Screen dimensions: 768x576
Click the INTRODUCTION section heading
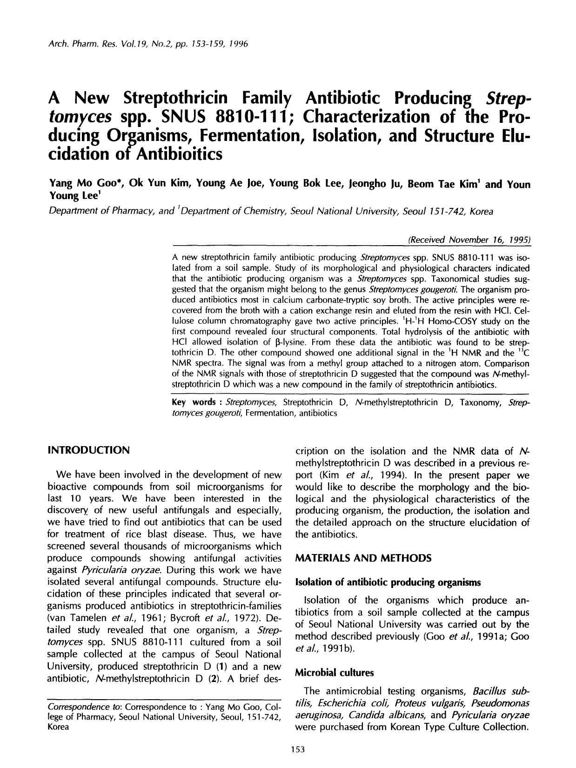coord(88,450)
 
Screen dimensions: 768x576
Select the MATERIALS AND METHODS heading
coord(363,558)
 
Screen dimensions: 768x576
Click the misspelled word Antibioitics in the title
coord(178,154)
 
